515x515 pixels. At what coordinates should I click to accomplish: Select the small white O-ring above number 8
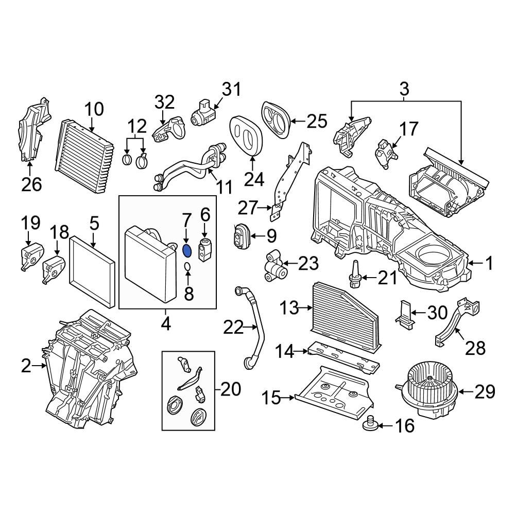(x=188, y=266)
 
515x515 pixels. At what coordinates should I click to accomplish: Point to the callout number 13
(x=289, y=308)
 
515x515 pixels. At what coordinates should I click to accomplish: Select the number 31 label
(x=231, y=90)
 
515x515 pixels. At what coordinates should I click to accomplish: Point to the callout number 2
(x=26, y=367)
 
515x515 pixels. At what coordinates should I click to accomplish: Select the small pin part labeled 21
(x=354, y=273)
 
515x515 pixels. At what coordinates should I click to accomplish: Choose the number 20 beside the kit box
(x=230, y=389)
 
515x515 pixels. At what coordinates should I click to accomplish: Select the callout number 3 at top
(x=404, y=89)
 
